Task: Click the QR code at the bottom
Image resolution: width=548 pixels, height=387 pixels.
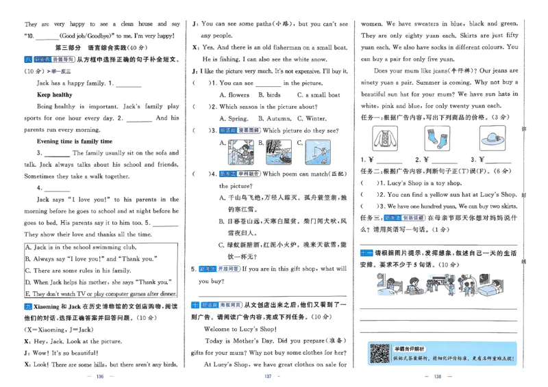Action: (x=379, y=353)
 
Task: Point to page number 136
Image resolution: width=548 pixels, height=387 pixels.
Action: (x=99, y=377)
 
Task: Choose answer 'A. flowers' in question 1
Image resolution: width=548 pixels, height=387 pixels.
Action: (x=234, y=95)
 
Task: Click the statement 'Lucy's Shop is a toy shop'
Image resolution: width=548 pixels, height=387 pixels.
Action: (x=417, y=183)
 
